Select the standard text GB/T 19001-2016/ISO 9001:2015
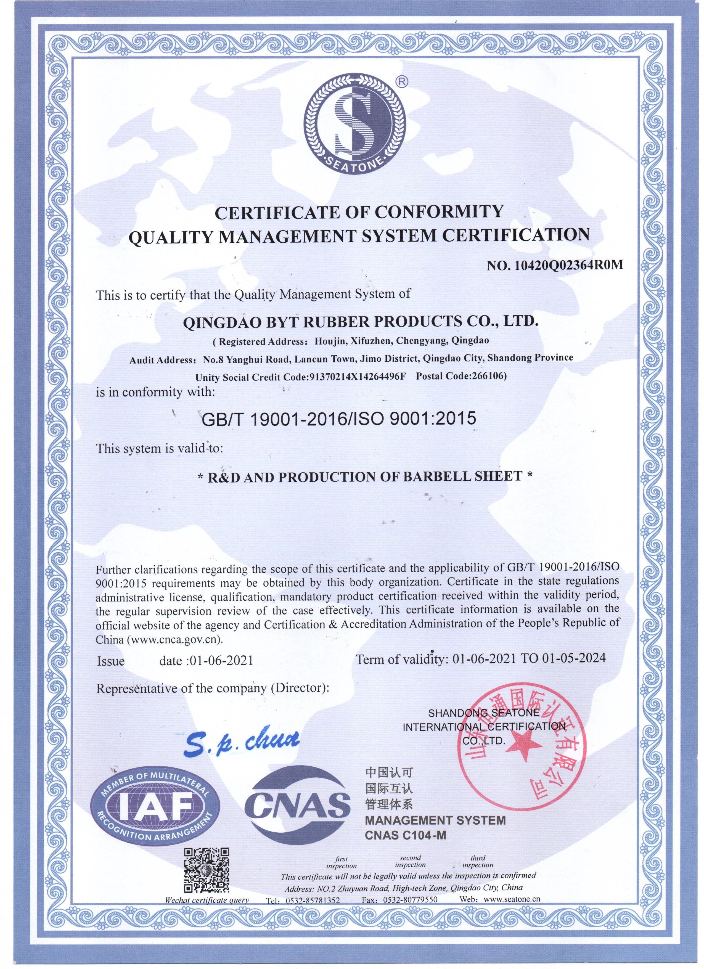(x=338, y=418)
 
